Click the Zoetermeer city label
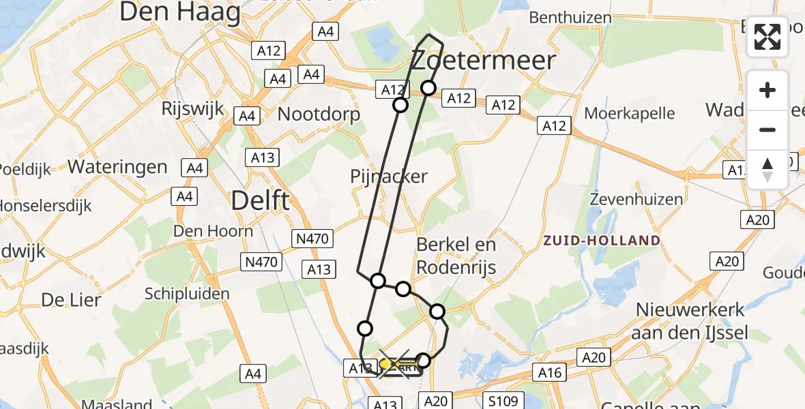click(484, 61)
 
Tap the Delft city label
click(260, 201)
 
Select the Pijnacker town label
click(388, 177)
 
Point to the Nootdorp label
click(319, 114)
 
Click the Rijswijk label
click(189, 108)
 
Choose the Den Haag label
click(180, 12)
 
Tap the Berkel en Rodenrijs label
click(456, 256)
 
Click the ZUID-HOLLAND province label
click(602, 241)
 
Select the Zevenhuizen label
click(636, 200)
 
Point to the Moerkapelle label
click(620, 113)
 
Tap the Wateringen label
click(118, 167)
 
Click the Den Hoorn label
click(213, 231)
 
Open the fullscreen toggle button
click(767, 37)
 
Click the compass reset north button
click(767, 170)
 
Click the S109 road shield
click(503, 401)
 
